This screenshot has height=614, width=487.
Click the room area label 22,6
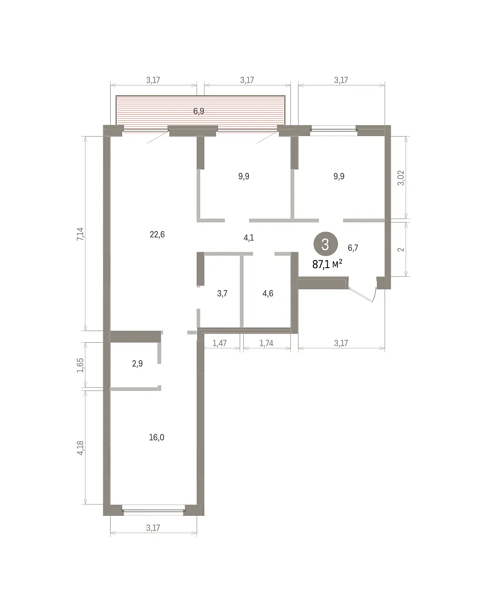157,234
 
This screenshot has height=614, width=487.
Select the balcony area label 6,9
199,111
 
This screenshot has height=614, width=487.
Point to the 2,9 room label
137,364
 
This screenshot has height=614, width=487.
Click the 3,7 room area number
222,293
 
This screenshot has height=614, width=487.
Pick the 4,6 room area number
268,293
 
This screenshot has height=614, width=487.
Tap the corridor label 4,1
249,237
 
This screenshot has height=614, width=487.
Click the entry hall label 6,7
353,248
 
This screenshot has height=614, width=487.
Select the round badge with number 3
326,244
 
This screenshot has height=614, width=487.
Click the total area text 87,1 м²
327,265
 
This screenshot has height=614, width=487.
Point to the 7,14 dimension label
80,234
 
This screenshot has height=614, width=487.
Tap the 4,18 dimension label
80,448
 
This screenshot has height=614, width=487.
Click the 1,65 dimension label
80,365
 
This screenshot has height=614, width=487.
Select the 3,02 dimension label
401,178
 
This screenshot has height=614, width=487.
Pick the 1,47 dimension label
220,343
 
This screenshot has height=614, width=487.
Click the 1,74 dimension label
266,343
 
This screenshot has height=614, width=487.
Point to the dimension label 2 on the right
401,249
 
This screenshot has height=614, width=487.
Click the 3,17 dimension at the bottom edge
153,528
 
